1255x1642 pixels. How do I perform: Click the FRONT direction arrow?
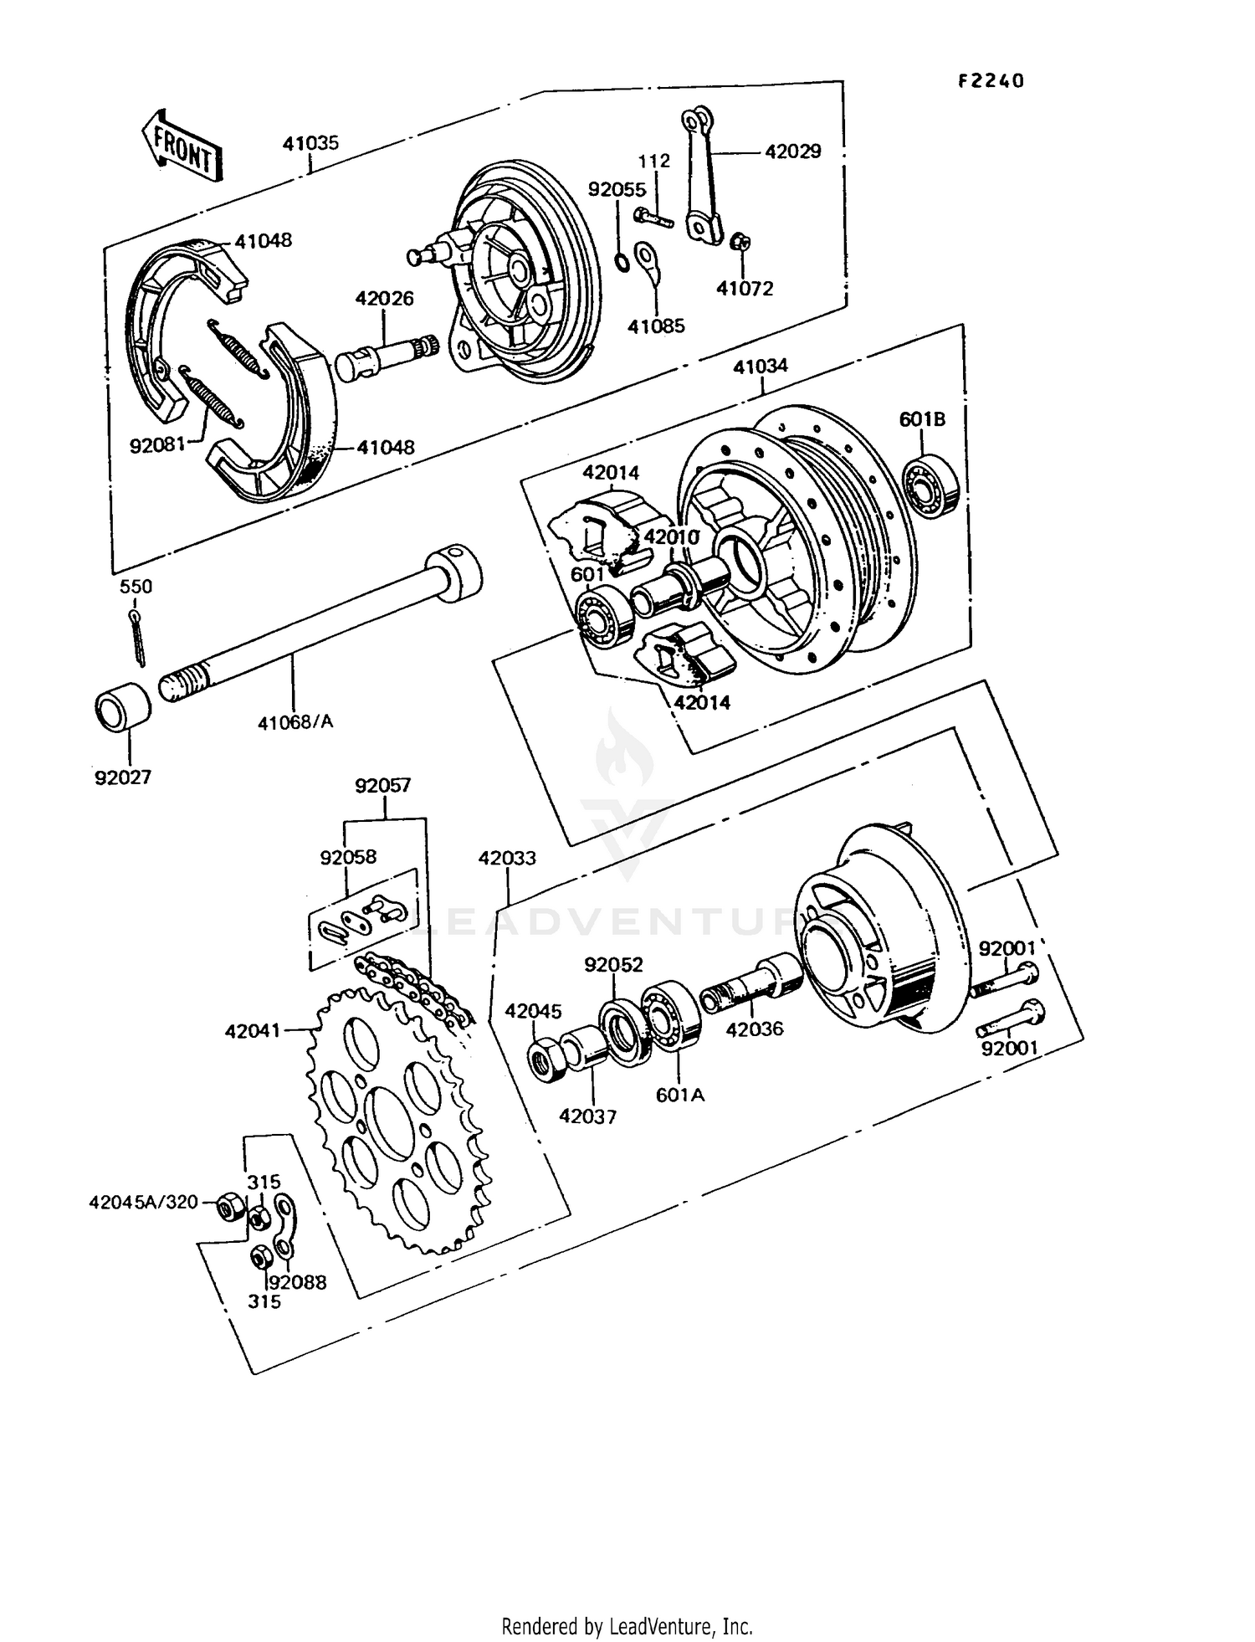point(182,148)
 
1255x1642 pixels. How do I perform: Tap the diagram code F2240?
point(991,81)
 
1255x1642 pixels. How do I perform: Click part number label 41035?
point(310,143)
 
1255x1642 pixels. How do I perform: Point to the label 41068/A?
point(295,721)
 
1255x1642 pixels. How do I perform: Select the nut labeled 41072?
point(740,243)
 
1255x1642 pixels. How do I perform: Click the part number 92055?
point(617,190)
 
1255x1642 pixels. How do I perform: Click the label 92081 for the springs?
point(156,445)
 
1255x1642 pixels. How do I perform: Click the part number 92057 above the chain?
point(383,786)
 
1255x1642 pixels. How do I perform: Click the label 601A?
point(679,1094)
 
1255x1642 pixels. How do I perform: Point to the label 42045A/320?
point(143,1202)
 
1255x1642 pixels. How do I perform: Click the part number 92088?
point(299,1282)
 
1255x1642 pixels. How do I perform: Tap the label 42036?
point(754,1029)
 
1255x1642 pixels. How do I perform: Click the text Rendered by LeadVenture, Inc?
point(627,1626)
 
